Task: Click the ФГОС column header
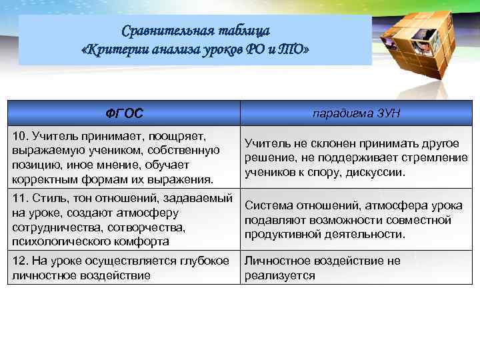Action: (x=125, y=113)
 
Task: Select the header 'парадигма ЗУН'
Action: (x=357, y=113)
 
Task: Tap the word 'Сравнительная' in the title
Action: (x=161, y=31)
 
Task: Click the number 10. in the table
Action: (x=21, y=135)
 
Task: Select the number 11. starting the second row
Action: (x=21, y=197)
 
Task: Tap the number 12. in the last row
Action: (x=21, y=260)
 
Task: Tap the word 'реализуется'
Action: (x=279, y=275)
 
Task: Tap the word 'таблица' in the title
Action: (x=246, y=31)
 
